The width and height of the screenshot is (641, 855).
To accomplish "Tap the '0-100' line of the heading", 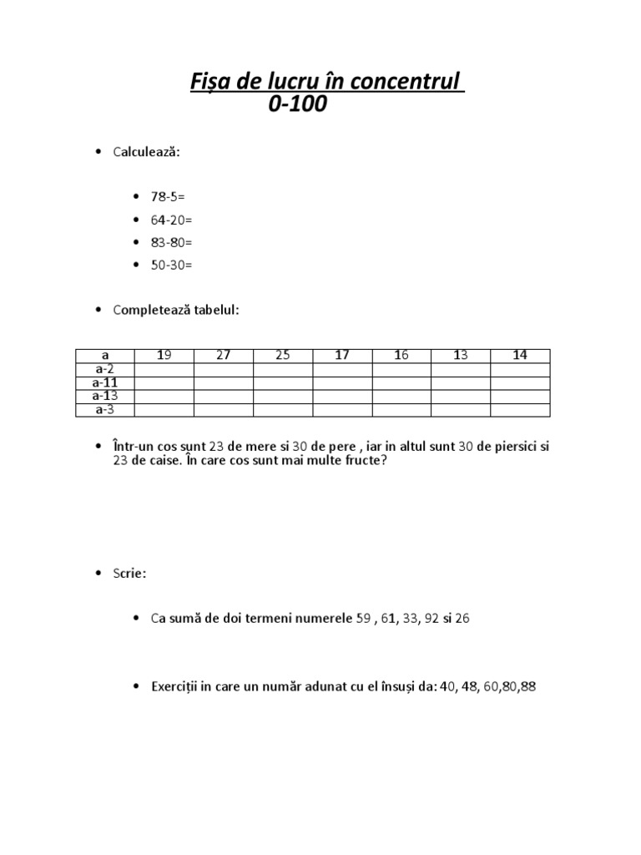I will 298,105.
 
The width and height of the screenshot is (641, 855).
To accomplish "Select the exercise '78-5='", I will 168,197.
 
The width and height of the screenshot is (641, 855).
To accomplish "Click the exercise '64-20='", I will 171,220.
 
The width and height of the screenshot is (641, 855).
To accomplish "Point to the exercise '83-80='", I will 171,242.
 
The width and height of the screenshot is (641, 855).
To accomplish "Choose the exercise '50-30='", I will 171,265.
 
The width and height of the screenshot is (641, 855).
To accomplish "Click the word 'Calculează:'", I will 148,152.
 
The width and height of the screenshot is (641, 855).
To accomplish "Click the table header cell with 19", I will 164,356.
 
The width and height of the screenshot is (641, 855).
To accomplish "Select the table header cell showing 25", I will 283,356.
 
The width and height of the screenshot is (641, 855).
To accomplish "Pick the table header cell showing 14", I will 520,356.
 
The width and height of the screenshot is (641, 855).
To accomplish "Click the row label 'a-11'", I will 105,383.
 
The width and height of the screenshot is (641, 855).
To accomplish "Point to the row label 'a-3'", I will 105,410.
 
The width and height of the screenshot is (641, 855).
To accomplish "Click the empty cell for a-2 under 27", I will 223,370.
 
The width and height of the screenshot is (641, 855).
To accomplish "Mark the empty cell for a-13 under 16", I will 401,397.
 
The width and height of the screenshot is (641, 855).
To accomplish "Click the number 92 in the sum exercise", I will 431,620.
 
